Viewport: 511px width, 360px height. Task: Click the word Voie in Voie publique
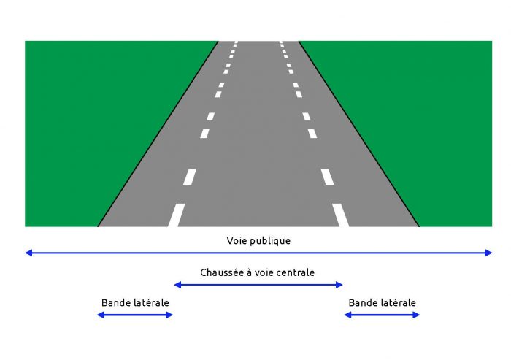click(x=234, y=241)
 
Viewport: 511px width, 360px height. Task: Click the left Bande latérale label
click(x=135, y=303)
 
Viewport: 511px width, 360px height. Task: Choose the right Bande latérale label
click(x=383, y=303)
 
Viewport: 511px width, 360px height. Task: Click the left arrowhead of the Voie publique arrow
click(x=28, y=253)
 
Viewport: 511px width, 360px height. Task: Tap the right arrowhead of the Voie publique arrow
click(x=488, y=253)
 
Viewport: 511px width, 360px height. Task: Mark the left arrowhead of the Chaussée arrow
click(x=177, y=285)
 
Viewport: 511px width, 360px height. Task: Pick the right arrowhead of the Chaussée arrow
click(x=339, y=285)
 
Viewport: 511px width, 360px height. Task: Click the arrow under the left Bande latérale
click(x=135, y=315)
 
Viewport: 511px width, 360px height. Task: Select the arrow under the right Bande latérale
click(x=382, y=315)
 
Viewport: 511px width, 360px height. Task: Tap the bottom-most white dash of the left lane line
click(x=177, y=215)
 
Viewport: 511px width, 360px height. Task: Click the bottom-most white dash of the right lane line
click(x=341, y=215)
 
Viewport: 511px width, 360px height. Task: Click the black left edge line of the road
click(x=158, y=134)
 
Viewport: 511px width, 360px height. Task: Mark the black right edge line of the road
click(x=359, y=134)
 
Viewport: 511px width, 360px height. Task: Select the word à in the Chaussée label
click(x=249, y=272)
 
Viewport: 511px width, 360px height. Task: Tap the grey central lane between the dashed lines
click(x=258, y=147)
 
